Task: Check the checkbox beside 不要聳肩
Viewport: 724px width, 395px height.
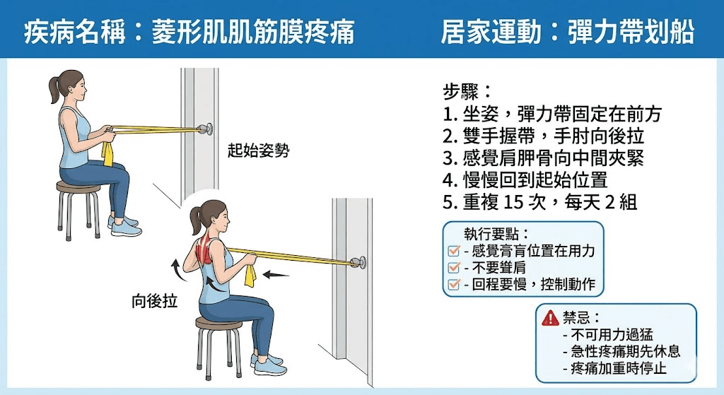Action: coord(454,268)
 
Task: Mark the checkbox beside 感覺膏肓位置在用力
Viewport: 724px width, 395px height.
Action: coord(454,250)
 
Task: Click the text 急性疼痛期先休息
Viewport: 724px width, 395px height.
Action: coord(621,351)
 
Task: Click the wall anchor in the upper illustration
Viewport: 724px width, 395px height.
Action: coord(206,129)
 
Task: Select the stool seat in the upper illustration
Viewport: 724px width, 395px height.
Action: coord(78,187)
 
